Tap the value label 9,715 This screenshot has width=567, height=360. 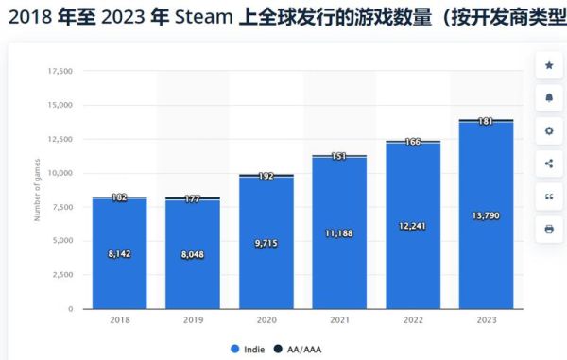[x=266, y=244]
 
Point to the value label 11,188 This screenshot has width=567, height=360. [x=339, y=232]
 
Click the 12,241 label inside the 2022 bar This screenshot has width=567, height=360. [x=413, y=226]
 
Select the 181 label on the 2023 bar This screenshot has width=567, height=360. [x=486, y=121]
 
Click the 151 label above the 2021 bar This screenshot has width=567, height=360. [x=339, y=156]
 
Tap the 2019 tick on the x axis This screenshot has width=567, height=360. [x=193, y=321]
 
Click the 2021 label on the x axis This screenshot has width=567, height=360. [x=339, y=321]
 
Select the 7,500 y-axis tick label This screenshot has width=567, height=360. [x=61, y=207]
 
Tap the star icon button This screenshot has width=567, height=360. [x=549, y=65]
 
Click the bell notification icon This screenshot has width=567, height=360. [x=549, y=97]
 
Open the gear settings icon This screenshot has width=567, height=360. [x=549, y=130]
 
